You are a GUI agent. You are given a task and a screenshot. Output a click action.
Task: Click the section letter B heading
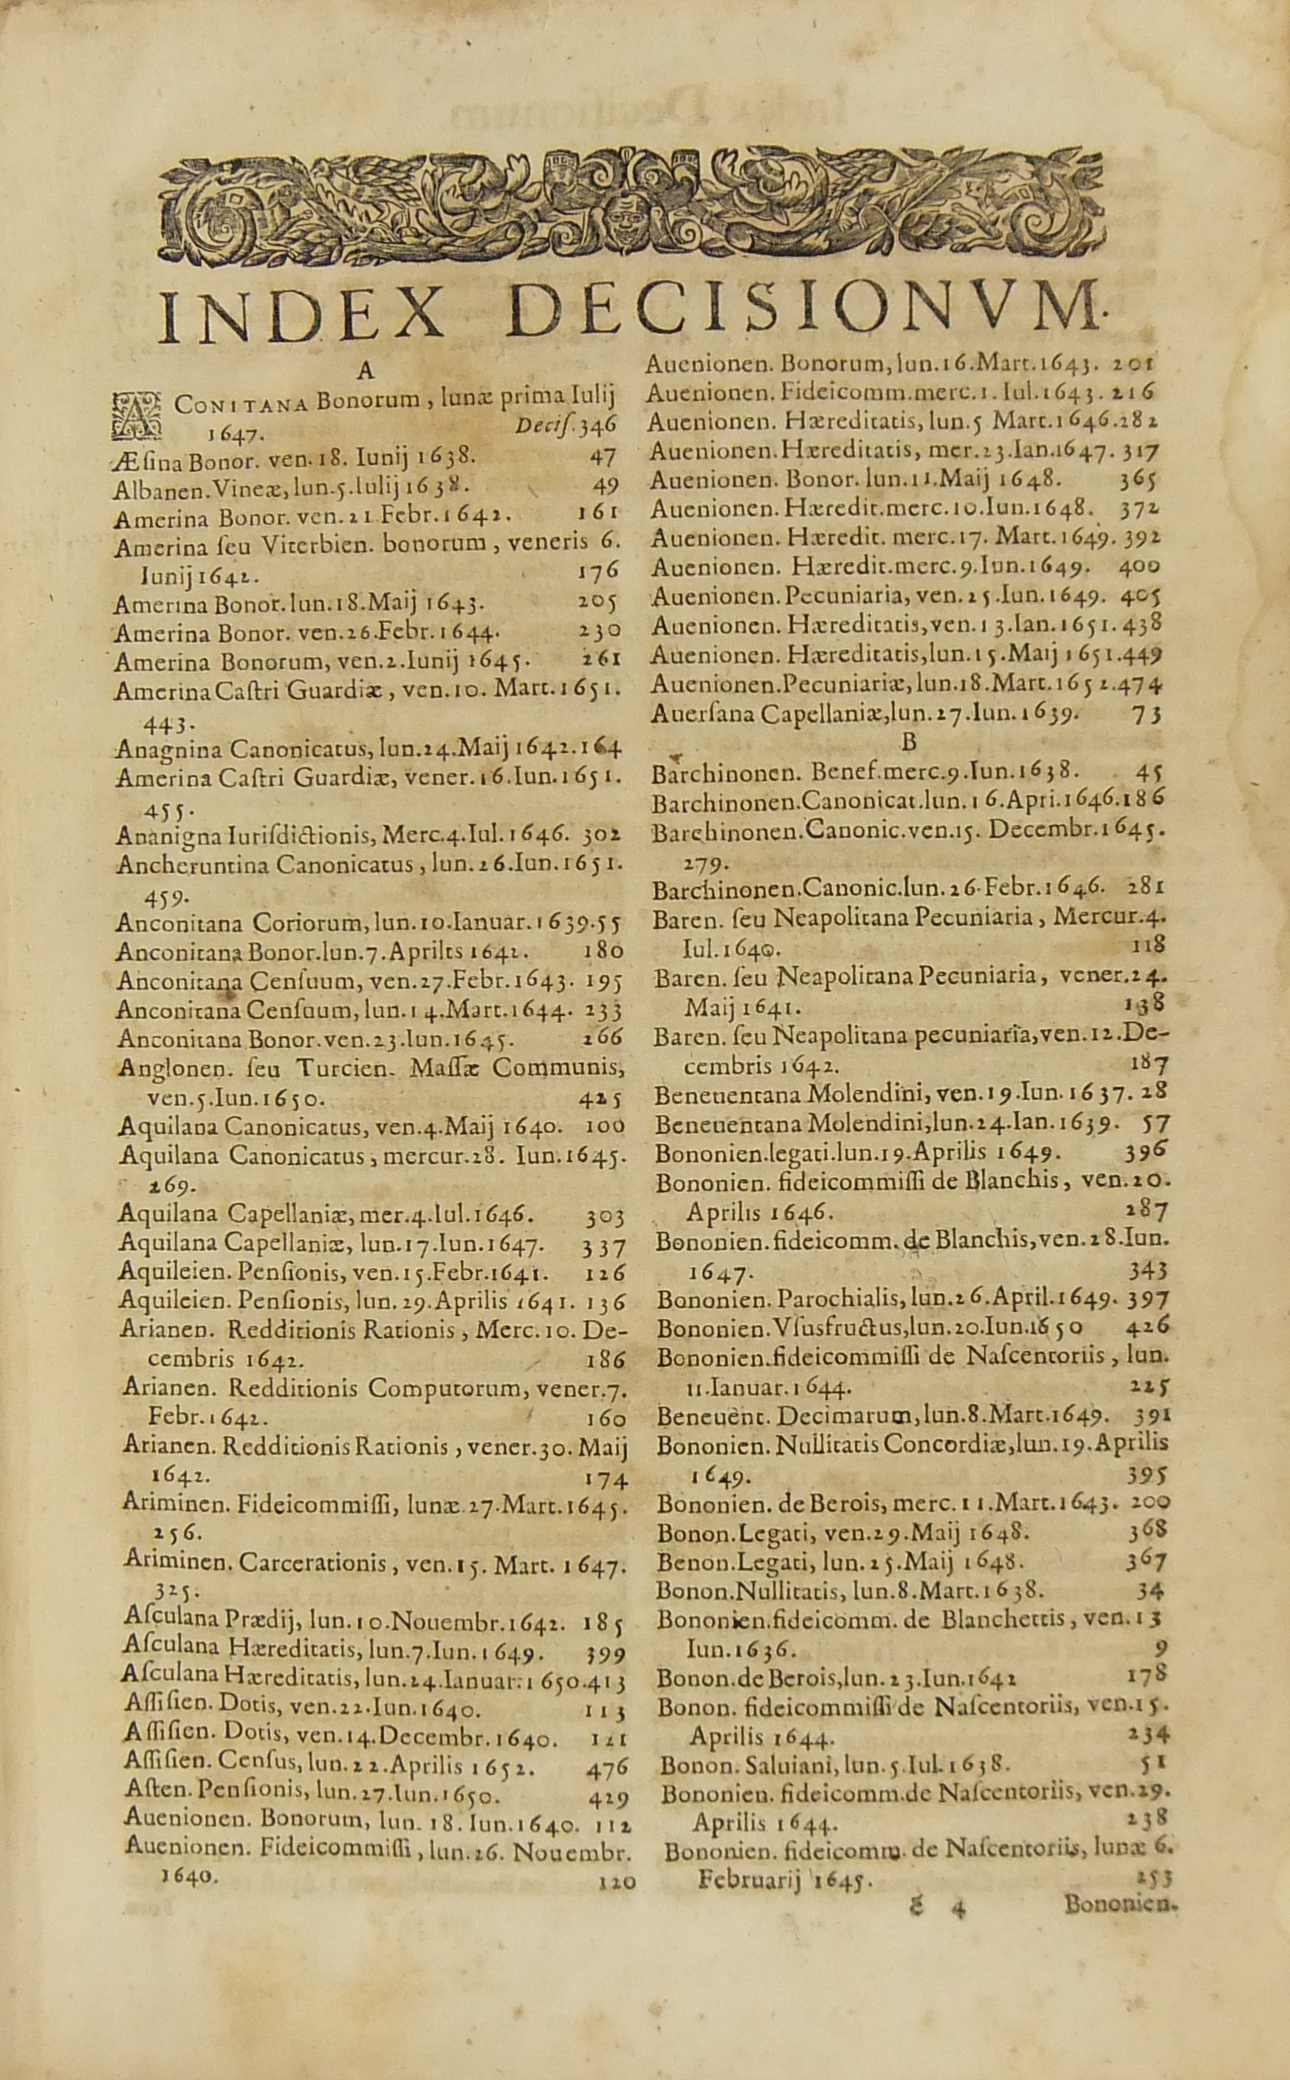click(907, 743)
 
